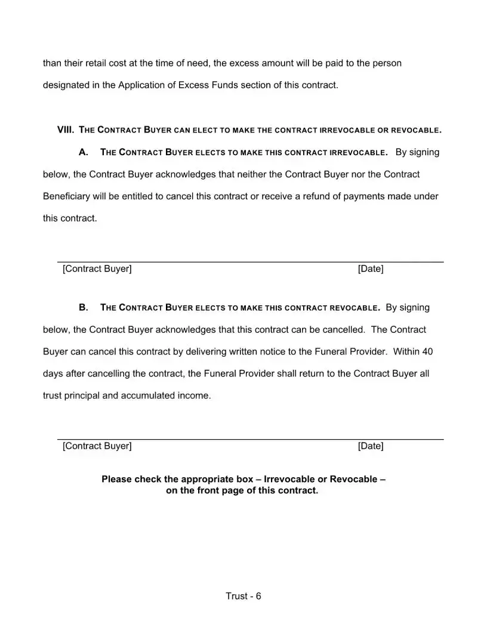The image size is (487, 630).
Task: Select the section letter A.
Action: pyautogui.click(x=84, y=152)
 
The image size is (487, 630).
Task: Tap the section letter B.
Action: pyautogui.click(x=84, y=308)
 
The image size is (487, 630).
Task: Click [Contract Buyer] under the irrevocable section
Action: pyautogui.click(x=97, y=268)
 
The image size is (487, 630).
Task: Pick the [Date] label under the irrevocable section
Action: pyautogui.click(x=371, y=268)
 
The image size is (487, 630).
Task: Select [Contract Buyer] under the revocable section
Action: pyautogui.click(x=97, y=446)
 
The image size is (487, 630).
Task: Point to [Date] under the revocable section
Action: pyautogui.click(x=371, y=446)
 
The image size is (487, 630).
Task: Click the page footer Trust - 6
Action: pyautogui.click(x=243, y=596)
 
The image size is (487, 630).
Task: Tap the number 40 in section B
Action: pyautogui.click(x=427, y=351)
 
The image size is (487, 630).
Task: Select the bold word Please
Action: pyautogui.click(x=116, y=479)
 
